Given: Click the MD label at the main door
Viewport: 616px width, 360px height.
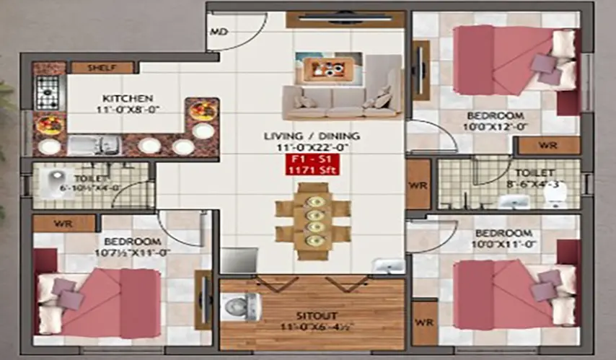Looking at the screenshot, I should point(219,32).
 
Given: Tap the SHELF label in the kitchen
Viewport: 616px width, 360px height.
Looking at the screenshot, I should point(102,68).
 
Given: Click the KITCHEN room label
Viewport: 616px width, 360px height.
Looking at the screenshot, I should point(127,98).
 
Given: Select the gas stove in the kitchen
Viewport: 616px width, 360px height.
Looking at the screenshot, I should point(48,92).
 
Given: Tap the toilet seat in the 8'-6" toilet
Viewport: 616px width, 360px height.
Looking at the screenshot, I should point(554,191).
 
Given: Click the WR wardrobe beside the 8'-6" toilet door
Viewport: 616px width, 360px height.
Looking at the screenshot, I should point(418,184).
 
